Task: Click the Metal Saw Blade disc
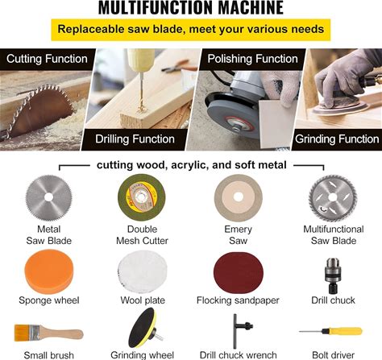pyautogui.click(x=49, y=197)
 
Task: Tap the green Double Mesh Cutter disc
pyautogui.click(x=142, y=197)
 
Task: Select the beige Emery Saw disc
pyautogui.click(x=239, y=197)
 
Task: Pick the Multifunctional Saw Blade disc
pyautogui.click(x=333, y=198)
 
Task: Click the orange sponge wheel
pyautogui.click(x=49, y=271)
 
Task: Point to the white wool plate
pyautogui.click(x=143, y=271)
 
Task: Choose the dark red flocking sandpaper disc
pyautogui.click(x=239, y=273)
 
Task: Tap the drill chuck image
pyautogui.click(x=333, y=275)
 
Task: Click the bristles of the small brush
pyautogui.click(x=22, y=333)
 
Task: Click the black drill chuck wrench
pyautogui.click(x=239, y=331)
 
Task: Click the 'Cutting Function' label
pyautogui.click(x=47, y=59)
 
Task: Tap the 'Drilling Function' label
pyautogui.click(x=135, y=139)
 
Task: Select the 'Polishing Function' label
pyautogui.click(x=252, y=59)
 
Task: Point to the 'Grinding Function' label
pyautogui.click(x=337, y=139)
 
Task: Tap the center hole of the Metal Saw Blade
pyautogui.click(x=48, y=197)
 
